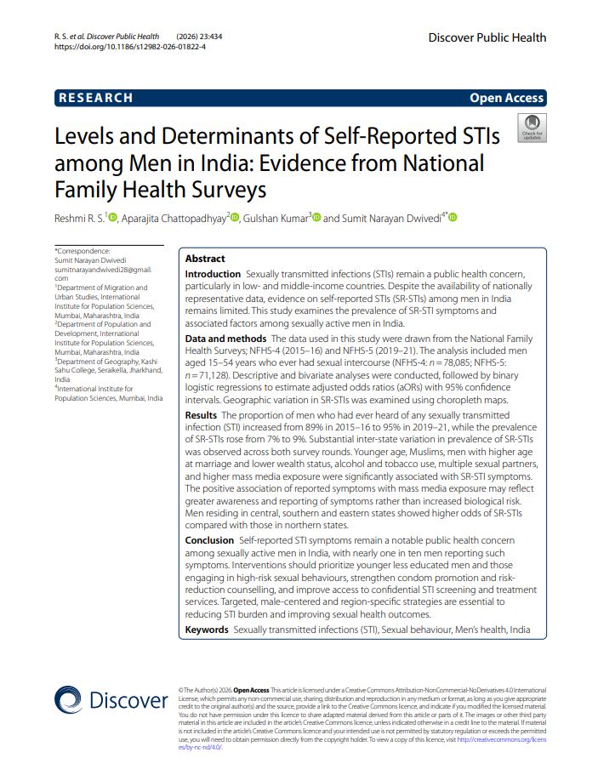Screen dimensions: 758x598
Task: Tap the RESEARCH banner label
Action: tap(96, 98)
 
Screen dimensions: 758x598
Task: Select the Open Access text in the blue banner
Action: tap(506, 98)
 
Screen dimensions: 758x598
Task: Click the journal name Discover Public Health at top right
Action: tap(487, 37)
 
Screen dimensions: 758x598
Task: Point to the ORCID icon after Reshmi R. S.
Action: tap(113, 219)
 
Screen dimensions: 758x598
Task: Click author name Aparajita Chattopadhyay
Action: tap(174, 219)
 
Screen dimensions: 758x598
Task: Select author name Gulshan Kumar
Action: tap(276, 219)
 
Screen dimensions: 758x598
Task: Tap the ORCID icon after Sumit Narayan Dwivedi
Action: tap(453, 219)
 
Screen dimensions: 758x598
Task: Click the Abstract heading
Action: tap(205, 259)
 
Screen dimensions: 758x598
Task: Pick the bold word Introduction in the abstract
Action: tap(213, 275)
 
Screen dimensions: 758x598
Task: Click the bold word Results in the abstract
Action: tap(201, 414)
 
